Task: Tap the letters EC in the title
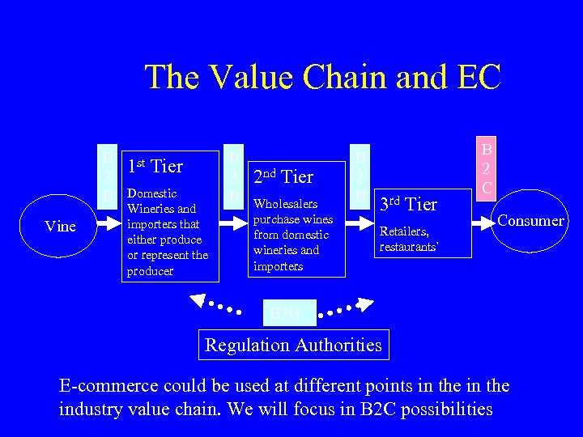[x=479, y=78]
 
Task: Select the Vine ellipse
[x=61, y=226]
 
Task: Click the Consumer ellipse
[x=530, y=220]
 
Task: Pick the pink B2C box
[x=487, y=168]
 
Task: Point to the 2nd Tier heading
[x=283, y=175]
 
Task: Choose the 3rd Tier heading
[x=409, y=204]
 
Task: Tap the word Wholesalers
[x=285, y=204]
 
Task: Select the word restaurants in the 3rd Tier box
[x=409, y=247]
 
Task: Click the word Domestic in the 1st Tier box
[x=152, y=193]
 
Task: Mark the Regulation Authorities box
[x=293, y=345]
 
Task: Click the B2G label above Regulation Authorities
[x=284, y=312]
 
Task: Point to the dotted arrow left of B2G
[x=214, y=303]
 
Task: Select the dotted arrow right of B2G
[x=348, y=308]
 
